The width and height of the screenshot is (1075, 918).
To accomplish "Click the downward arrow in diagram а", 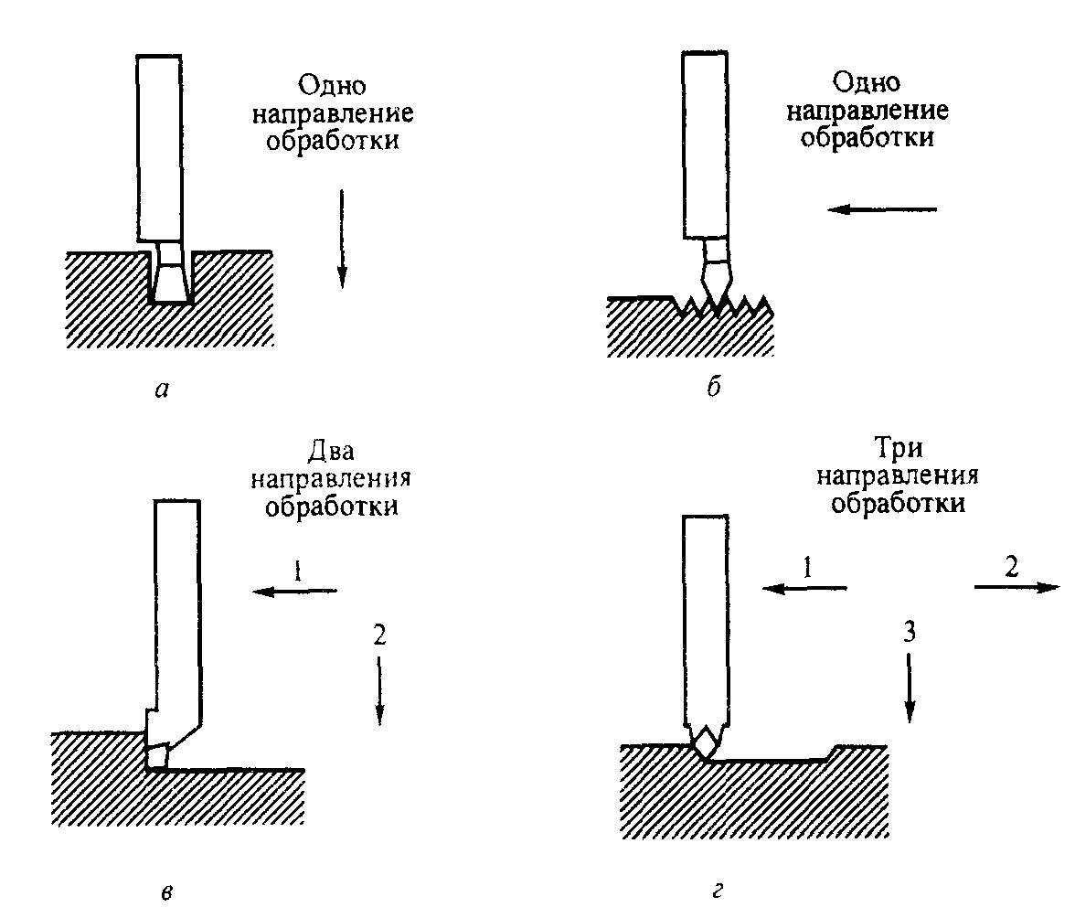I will point(341,238).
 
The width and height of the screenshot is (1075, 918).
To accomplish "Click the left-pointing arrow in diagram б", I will point(882,209).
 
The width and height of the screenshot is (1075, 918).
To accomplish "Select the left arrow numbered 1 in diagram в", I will point(294,592).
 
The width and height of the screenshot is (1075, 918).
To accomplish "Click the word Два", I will point(331,453).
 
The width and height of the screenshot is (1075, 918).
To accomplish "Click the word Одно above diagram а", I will point(332,87).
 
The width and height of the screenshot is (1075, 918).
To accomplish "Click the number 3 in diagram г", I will point(909,633).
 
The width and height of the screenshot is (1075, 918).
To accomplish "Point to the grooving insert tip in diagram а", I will point(170,283).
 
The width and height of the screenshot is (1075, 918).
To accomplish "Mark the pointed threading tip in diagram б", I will point(717,285).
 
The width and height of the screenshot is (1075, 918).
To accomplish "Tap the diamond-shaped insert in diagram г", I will point(706,741).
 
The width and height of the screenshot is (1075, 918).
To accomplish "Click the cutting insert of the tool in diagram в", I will point(157,755).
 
